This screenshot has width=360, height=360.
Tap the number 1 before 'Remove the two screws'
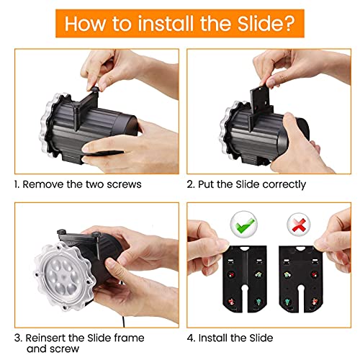(15, 184)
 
